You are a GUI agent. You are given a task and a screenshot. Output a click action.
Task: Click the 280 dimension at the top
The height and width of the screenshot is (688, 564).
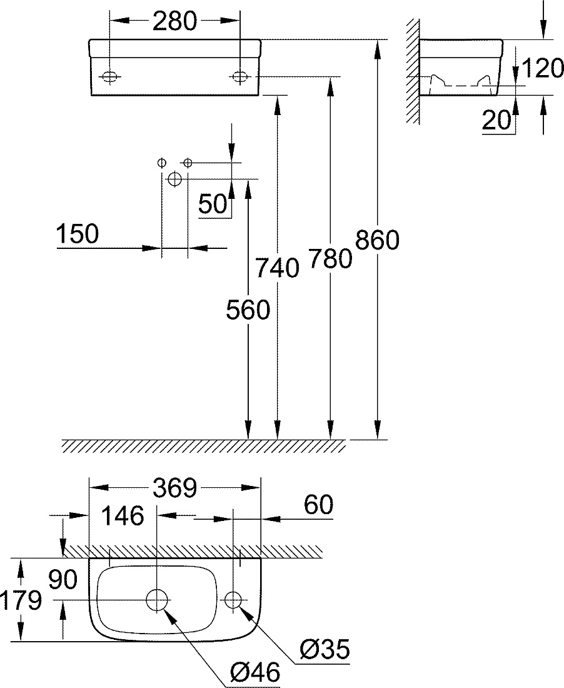pyautogui.click(x=174, y=21)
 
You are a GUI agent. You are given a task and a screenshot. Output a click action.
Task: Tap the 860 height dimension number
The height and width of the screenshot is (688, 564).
pyautogui.click(x=377, y=240)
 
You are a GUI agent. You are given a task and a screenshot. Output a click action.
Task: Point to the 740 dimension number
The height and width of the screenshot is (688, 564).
pyautogui.click(x=277, y=267)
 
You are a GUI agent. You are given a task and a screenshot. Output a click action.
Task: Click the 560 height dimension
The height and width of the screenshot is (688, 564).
pyautogui.click(x=248, y=310)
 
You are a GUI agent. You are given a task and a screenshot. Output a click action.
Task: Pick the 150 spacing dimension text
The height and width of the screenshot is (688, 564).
pyautogui.click(x=78, y=233)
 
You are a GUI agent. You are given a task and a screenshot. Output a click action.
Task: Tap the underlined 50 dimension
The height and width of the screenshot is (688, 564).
pyautogui.click(x=214, y=203)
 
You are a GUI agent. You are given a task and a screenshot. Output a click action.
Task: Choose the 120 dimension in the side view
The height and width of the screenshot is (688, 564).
pyautogui.click(x=542, y=68)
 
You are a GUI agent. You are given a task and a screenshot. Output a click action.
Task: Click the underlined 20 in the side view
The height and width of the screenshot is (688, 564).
pyautogui.click(x=497, y=119)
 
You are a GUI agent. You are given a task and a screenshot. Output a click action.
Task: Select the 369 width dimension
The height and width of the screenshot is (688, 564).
pyautogui.click(x=175, y=488)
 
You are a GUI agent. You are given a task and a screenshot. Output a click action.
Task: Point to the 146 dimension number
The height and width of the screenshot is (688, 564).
pyautogui.click(x=123, y=515)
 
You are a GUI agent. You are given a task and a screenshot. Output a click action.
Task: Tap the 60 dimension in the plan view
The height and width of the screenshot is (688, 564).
pyautogui.click(x=318, y=505)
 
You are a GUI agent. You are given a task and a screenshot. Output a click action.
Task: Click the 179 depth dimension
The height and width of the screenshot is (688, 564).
pyautogui.click(x=21, y=600)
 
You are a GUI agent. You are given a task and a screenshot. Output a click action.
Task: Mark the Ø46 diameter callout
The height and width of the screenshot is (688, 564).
pyautogui.click(x=255, y=672)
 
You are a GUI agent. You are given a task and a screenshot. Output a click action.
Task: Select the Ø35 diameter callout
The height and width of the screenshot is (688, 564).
pyautogui.click(x=325, y=649)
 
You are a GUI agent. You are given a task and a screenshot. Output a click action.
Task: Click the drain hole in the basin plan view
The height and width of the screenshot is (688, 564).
pyautogui.click(x=157, y=599)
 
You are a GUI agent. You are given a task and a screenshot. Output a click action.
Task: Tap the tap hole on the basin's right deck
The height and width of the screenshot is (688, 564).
pyautogui.click(x=233, y=599)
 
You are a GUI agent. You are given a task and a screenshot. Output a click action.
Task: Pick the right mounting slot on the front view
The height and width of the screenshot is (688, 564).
pyautogui.click(x=239, y=77)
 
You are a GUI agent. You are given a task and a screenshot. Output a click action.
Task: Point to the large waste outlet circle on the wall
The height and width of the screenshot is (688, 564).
pyautogui.click(x=174, y=179)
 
